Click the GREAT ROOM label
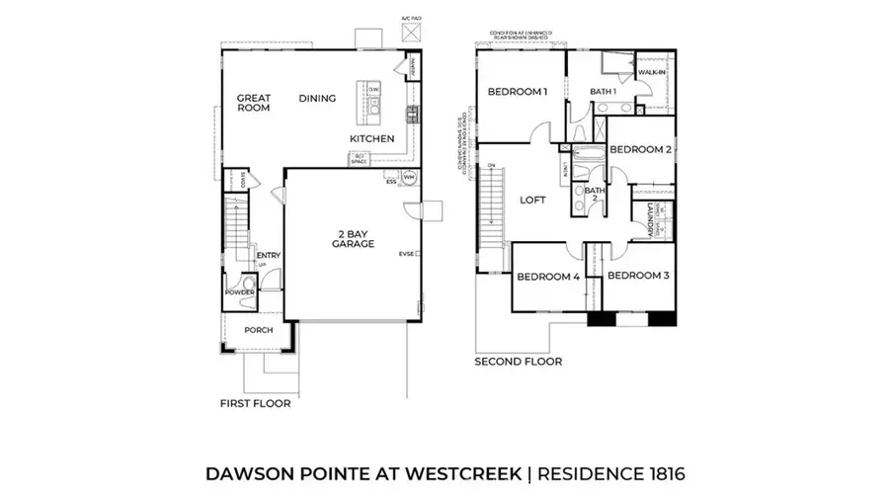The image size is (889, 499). click(253, 104)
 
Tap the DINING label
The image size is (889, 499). click(317, 98)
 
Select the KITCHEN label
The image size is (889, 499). click(372, 139)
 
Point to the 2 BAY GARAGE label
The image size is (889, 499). click(353, 237)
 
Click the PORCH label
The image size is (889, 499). click(259, 331)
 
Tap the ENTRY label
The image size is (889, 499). click(269, 256)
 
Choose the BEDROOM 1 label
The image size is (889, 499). click(518, 92)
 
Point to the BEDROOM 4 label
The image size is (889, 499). click(548, 277)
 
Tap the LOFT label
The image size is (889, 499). click(533, 200)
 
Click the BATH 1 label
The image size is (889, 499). click(604, 92)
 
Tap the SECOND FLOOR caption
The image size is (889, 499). click(519, 362)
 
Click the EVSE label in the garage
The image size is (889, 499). click(406, 254)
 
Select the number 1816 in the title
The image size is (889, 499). click(655, 473)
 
